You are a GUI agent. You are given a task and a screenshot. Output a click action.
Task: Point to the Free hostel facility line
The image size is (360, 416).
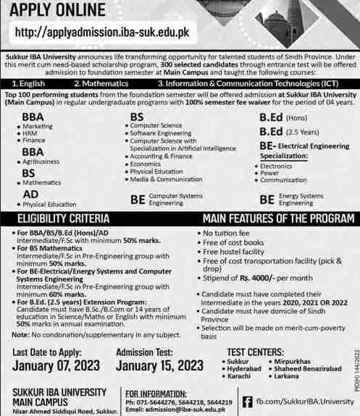pyautogui.click(x=237, y=252)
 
